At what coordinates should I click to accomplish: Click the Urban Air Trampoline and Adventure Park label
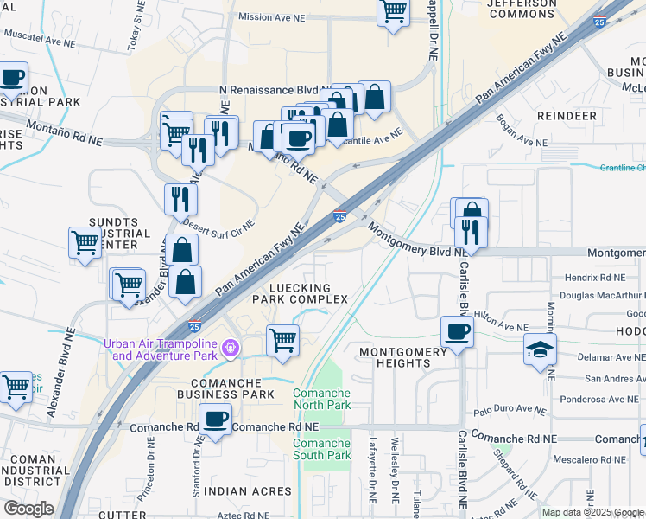(160, 349)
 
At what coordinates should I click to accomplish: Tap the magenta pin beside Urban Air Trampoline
(230, 349)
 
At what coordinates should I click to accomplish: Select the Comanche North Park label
(321, 399)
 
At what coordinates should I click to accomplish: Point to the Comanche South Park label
(321, 450)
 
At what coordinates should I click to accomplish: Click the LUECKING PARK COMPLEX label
(300, 293)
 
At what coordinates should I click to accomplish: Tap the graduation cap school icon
(540, 349)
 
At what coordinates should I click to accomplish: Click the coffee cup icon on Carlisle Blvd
(457, 331)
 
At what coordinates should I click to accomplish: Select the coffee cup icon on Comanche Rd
(215, 420)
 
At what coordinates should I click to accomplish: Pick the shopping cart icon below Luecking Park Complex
(282, 339)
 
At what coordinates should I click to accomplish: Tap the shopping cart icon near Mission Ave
(393, 12)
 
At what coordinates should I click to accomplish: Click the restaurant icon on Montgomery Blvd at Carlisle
(471, 231)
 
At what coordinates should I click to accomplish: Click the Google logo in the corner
(29, 509)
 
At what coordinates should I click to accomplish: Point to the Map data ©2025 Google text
(592, 512)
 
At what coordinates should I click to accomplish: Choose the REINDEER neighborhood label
(567, 115)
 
